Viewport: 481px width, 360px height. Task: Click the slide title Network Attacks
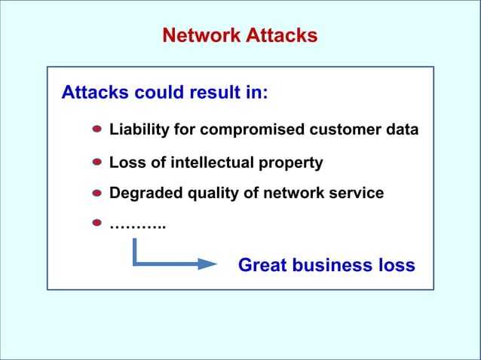pos(240,35)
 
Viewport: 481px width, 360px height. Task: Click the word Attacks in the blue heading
pos(95,93)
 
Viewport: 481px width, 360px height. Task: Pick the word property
pos(292,163)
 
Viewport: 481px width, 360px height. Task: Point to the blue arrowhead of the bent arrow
pos(207,264)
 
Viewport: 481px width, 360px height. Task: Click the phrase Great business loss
pos(326,265)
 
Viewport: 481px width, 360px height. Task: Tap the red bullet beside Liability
pos(97,130)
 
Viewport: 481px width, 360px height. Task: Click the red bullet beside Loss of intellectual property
pos(97,162)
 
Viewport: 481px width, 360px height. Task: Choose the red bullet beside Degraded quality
pos(97,193)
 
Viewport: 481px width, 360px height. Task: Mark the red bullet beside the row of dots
pos(97,223)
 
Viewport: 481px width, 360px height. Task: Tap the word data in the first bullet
pos(401,130)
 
